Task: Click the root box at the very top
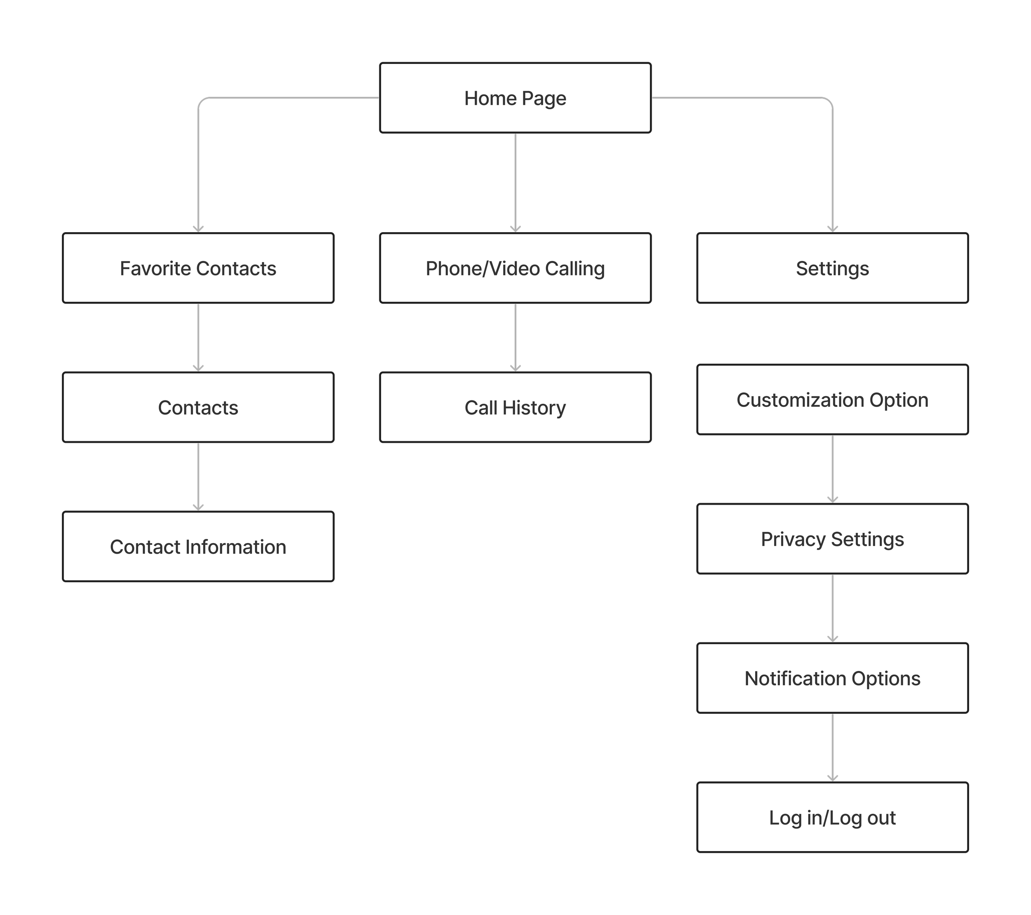pyautogui.click(x=515, y=98)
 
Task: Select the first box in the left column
pyautogui.click(x=198, y=268)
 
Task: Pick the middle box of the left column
pyautogui.click(x=198, y=407)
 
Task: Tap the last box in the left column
pyautogui.click(x=198, y=546)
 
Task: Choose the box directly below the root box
pyautogui.click(x=515, y=268)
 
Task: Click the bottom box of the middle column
pyautogui.click(x=515, y=407)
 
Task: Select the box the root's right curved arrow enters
pyautogui.click(x=832, y=268)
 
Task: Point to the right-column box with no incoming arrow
pyautogui.click(x=832, y=399)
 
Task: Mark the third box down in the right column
pyautogui.click(x=832, y=538)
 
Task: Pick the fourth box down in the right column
pyautogui.click(x=832, y=677)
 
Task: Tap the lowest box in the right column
pyautogui.click(x=832, y=816)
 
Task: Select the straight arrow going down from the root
pyautogui.click(x=515, y=181)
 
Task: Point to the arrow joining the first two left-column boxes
pyautogui.click(x=198, y=337)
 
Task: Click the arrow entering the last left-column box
pyautogui.click(x=198, y=476)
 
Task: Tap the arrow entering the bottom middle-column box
pyautogui.click(x=515, y=337)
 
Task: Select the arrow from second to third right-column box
pyautogui.click(x=832, y=468)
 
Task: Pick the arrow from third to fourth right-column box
pyautogui.click(x=832, y=607)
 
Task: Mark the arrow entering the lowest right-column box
pyautogui.click(x=832, y=746)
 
